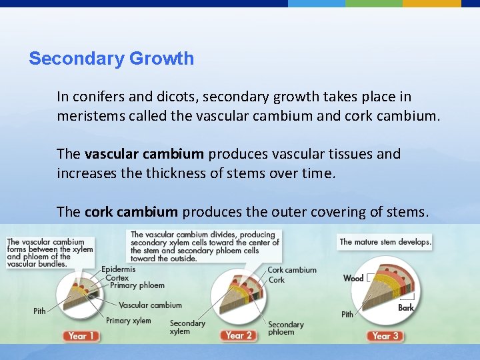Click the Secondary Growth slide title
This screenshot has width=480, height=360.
(x=111, y=59)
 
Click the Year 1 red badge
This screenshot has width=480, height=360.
(x=82, y=336)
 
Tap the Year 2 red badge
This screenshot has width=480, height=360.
(x=239, y=335)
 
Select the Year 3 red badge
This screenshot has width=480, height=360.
(x=386, y=336)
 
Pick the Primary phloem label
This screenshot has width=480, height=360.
(x=137, y=285)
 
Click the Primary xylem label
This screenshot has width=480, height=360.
(x=128, y=321)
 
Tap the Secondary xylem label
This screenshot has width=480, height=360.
(x=187, y=327)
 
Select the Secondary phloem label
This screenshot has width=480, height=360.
(x=286, y=328)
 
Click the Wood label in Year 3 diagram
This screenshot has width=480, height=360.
(x=353, y=278)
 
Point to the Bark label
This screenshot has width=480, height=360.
(x=406, y=307)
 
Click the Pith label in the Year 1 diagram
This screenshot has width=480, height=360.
(x=40, y=311)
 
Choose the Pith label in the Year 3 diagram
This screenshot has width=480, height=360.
(x=347, y=314)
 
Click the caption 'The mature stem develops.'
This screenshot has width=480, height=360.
(x=385, y=242)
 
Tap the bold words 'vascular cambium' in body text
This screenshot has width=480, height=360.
(x=144, y=154)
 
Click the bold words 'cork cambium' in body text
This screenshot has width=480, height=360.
(x=131, y=212)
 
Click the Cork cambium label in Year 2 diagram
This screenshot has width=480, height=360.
(x=292, y=270)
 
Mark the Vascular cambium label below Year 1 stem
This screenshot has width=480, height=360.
(x=150, y=305)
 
